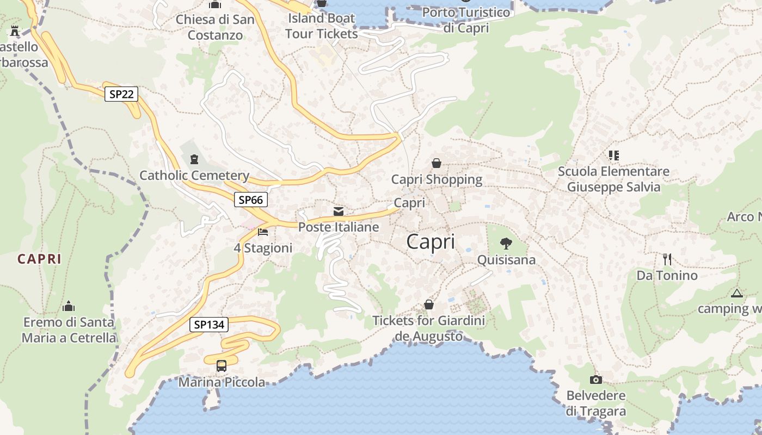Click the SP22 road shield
click(121, 94)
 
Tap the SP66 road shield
click(251, 200)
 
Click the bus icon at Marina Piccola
click(222, 365)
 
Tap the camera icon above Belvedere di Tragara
click(596, 380)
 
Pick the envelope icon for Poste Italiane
click(339, 211)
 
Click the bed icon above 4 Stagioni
click(263, 232)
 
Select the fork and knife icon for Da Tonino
click(667, 259)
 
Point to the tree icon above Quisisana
click(506, 244)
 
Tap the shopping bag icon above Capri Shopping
click(437, 163)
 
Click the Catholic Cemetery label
click(194, 175)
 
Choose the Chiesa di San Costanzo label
click(215, 27)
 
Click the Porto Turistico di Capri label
click(466, 20)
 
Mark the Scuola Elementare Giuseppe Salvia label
click(613, 179)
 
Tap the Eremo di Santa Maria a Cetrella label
click(69, 330)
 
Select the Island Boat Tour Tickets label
click(322, 26)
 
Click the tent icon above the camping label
click(737, 294)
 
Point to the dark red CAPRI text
click(39, 259)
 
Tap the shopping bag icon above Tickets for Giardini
click(429, 304)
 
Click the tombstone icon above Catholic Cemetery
click(194, 159)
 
